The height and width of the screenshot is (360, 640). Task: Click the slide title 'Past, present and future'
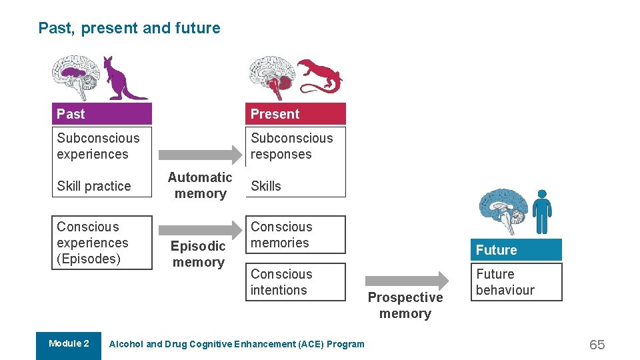129,28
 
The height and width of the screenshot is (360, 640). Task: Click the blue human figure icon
542,211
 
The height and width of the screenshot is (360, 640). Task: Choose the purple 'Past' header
102,114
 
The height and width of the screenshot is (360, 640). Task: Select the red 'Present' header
295,114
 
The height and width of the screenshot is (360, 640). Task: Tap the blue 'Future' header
516,250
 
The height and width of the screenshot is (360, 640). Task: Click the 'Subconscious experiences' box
102,146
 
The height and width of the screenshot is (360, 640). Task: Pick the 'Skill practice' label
94,186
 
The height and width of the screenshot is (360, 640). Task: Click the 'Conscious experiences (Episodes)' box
102,243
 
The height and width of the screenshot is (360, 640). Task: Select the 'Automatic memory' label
200,185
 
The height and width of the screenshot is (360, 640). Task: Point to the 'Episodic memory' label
198,254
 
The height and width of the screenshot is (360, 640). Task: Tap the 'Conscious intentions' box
295,282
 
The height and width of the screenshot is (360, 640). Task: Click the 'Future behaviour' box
516,282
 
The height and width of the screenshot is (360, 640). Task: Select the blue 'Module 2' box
69,345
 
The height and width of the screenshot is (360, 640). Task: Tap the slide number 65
597,345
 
